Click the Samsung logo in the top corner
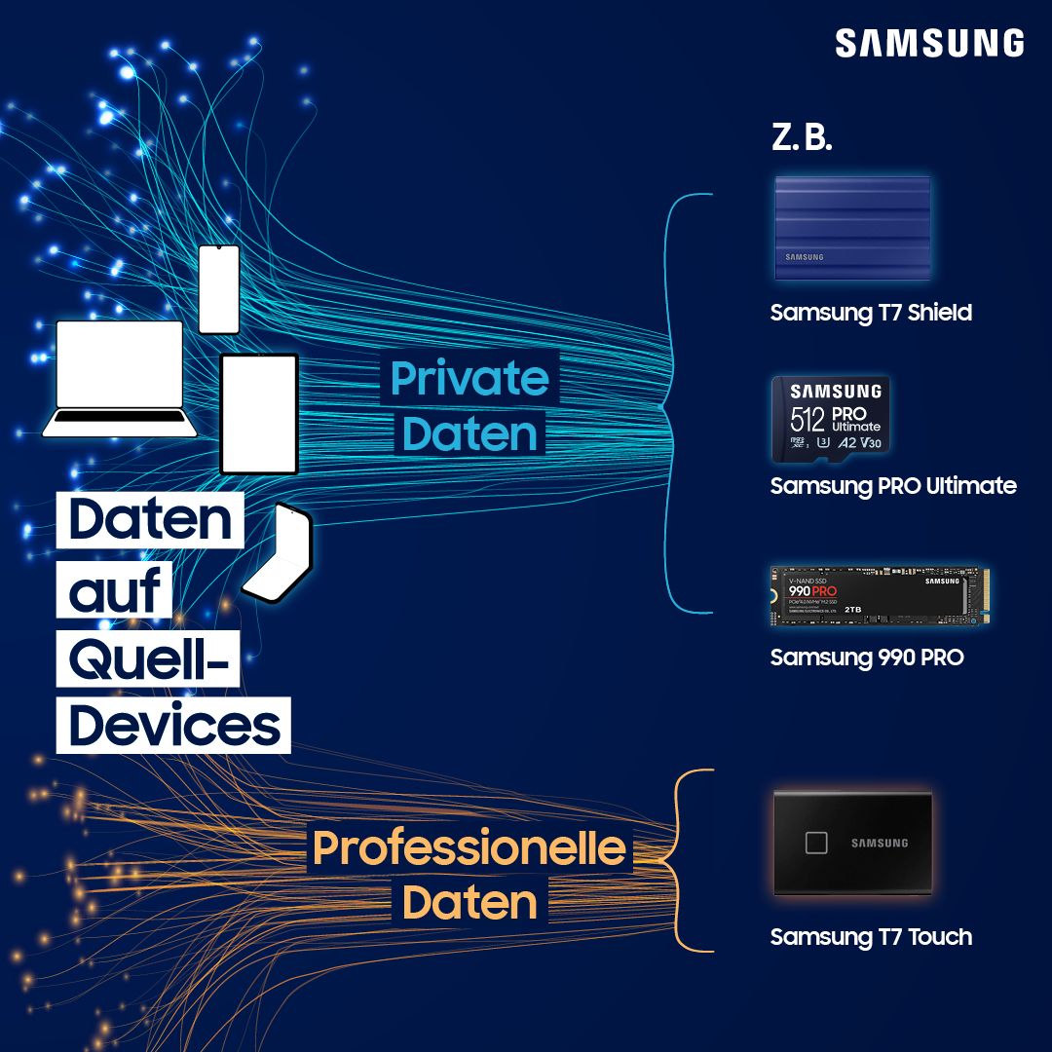929,44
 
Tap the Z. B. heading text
802,138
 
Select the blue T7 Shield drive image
851,229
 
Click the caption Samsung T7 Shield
871,313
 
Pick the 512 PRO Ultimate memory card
830,420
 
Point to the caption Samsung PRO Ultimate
893,485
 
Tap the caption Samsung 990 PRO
867,657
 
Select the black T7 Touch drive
852,843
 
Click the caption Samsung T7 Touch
871,937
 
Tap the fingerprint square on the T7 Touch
815,843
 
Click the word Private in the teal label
470,379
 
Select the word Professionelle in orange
470,847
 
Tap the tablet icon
259,414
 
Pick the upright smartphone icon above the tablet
218,289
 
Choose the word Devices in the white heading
174,726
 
